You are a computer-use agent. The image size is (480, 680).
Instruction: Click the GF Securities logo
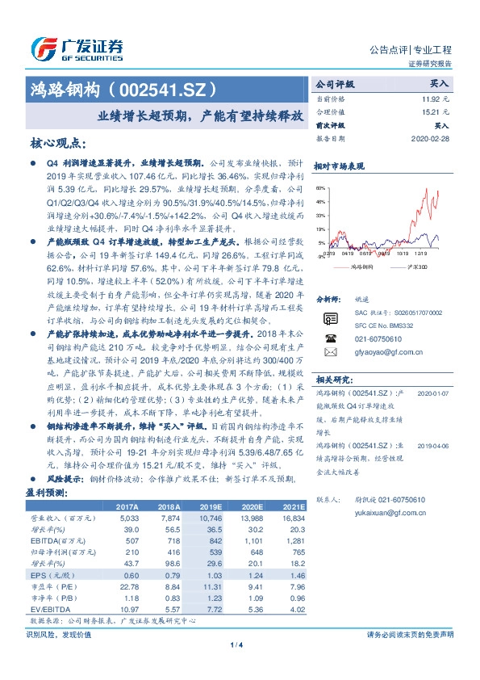click(77, 49)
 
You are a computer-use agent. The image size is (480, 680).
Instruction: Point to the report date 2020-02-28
click(431, 138)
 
